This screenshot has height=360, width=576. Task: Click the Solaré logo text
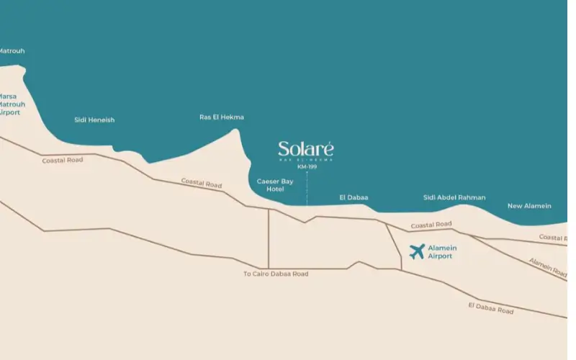pos(306,149)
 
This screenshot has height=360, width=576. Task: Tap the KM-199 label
pos(307,167)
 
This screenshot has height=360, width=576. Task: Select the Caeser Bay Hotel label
pos(275,185)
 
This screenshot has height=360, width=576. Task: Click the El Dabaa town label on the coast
pos(354,197)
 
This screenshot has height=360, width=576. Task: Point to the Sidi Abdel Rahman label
pos(454,197)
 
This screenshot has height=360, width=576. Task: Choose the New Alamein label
pos(529,206)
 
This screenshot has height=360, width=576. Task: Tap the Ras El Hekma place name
pos(222,117)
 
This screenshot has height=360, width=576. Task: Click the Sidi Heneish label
pos(94,120)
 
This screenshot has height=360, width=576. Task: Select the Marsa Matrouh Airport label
pos(11,104)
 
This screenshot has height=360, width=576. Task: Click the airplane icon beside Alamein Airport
pos(417,252)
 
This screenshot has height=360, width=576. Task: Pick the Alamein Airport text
pos(442,252)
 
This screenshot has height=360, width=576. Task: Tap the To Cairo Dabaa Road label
pos(276,274)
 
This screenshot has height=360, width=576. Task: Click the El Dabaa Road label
pos(490,308)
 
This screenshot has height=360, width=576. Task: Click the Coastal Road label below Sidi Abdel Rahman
pos(431,225)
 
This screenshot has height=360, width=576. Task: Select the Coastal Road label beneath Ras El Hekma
pos(201,184)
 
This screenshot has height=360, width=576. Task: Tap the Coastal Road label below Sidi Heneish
pos(63,160)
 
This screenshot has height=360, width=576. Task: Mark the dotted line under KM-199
pos(307,187)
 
